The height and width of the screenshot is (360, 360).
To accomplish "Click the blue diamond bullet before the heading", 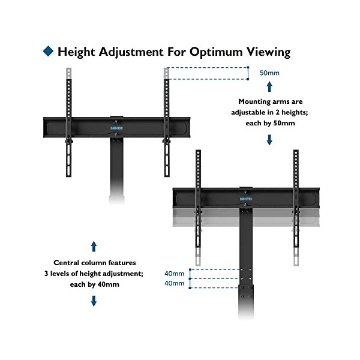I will click(x=47, y=52).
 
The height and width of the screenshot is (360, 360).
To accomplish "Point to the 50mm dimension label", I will click(x=269, y=73).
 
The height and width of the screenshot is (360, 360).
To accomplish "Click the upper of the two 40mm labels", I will click(x=175, y=274).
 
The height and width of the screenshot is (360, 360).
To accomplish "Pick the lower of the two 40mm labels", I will click(x=175, y=283).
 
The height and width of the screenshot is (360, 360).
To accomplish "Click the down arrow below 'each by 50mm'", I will click(x=269, y=140).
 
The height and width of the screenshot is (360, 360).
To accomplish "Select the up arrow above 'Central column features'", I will click(x=94, y=246).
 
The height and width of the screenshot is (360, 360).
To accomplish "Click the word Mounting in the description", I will click(x=255, y=102).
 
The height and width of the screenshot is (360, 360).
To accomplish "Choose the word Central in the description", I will click(x=68, y=263).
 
